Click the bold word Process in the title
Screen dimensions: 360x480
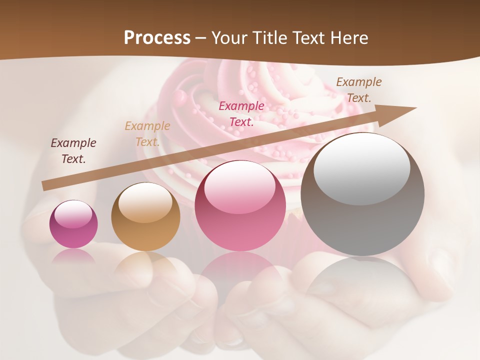(157, 38)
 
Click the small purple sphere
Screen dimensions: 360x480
(73, 224)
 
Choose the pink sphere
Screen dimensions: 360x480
(240, 206)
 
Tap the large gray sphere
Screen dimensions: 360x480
(362, 195)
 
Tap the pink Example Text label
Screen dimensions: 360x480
(241, 113)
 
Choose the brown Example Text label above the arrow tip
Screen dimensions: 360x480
(359, 90)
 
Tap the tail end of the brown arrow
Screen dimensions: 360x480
(46, 186)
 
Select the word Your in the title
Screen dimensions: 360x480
(231, 38)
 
